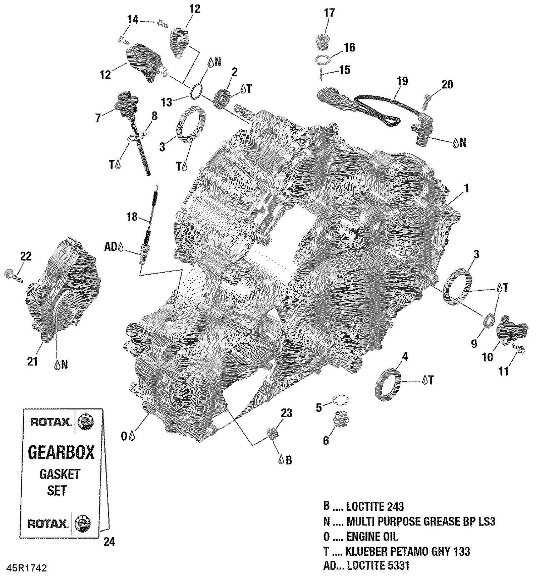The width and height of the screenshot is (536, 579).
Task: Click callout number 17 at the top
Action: [x=329, y=13]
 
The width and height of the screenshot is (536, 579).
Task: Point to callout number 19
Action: [x=402, y=81]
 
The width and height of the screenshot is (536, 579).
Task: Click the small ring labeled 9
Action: [x=489, y=321]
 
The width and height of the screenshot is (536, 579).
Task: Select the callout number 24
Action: [x=109, y=542]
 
